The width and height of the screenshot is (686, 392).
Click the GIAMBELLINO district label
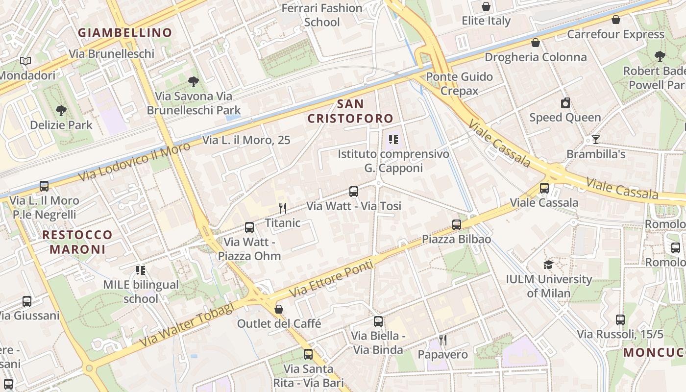point(125,33)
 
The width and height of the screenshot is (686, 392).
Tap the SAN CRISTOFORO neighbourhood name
point(350,111)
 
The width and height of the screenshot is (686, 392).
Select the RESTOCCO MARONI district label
point(77,242)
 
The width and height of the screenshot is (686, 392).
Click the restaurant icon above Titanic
point(282,208)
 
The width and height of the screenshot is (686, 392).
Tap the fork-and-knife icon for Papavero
point(443,340)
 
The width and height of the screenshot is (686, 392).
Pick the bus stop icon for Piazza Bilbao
point(457,225)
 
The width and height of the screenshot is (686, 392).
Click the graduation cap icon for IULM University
point(548,265)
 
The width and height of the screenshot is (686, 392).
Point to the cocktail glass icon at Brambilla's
point(595,140)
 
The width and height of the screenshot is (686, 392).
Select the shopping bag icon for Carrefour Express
point(616,20)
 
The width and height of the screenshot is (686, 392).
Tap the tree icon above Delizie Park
point(61,110)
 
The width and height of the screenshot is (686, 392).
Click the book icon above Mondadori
point(25,61)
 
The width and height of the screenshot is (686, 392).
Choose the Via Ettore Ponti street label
point(332,279)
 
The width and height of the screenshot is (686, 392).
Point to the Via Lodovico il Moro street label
point(134,161)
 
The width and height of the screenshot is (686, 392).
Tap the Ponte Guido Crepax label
point(459,84)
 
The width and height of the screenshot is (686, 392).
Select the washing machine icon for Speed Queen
point(565,103)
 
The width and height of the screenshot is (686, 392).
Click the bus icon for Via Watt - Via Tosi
point(354,192)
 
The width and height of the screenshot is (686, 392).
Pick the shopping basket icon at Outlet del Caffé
point(279,309)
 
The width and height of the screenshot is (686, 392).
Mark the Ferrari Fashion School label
point(322,15)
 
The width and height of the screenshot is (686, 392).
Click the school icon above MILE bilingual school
point(141,270)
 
